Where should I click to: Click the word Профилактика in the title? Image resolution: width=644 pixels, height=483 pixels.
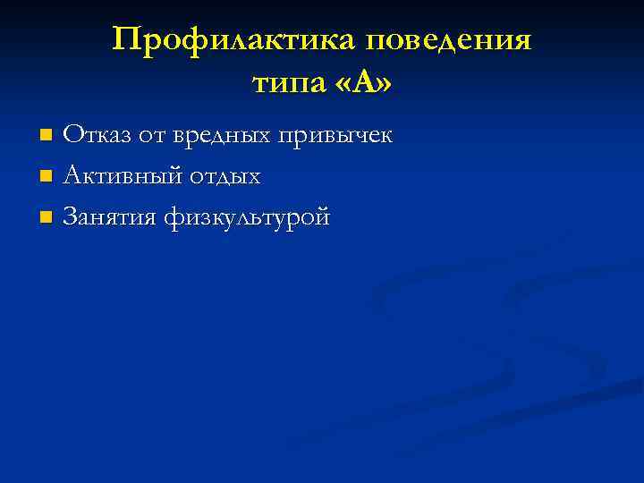pos(233,40)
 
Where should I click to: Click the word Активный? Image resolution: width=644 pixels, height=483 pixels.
pos(122,176)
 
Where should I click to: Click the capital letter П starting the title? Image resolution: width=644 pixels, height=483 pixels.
pos(126,39)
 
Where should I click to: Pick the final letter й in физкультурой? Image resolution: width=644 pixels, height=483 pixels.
pos(323,216)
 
